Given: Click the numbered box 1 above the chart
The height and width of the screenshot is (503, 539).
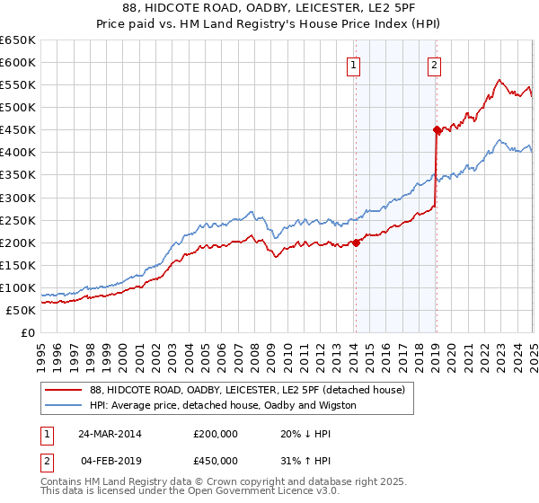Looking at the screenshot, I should click(354, 65).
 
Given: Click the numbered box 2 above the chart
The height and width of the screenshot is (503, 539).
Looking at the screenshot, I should click(434, 65).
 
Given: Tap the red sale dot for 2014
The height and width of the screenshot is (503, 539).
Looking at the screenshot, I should click(356, 242).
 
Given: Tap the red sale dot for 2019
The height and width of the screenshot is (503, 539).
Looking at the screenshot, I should click(437, 129).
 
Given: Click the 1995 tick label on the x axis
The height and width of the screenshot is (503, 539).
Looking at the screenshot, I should click(41, 350).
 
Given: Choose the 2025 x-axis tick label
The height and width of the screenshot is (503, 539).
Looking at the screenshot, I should click(533, 350).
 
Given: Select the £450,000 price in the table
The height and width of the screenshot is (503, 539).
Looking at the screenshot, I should click(216, 461).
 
